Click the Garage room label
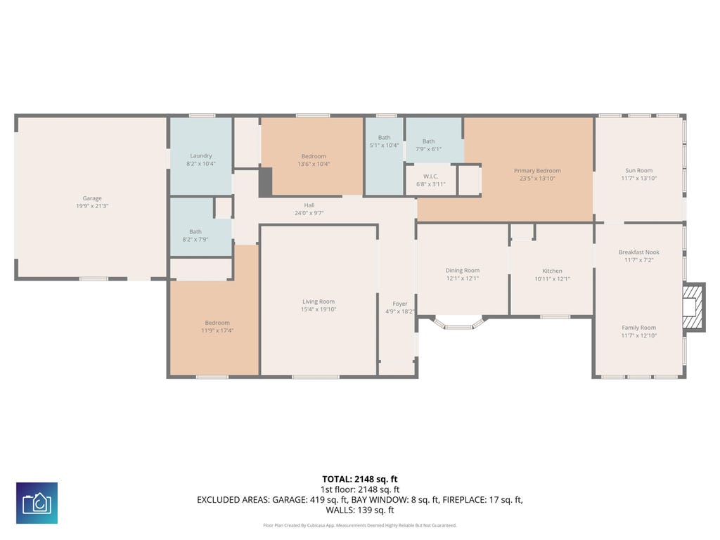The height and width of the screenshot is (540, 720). click(x=92, y=198)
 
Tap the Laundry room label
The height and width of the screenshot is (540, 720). click(x=201, y=155)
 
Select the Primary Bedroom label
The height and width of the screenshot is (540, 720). click(x=537, y=170)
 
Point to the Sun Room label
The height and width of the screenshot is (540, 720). click(x=638, y=170)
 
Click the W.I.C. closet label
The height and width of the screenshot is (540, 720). click(x=431, y=176)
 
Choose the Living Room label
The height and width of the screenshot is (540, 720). click(x=319, y=302)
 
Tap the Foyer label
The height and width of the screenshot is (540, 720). click(x=400, y=304)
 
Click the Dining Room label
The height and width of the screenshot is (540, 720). click(x=463, y=271)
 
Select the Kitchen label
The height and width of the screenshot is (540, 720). click(x=552, y=271)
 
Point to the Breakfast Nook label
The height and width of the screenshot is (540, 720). click(x=638, y=252)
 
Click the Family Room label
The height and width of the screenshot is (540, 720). click(x=638, y=328)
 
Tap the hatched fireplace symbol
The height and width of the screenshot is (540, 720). click(x=693, y=307)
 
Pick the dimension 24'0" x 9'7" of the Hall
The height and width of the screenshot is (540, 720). click(x=309, y=213)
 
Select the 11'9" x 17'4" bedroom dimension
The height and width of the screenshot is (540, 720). click(x=217, y=330)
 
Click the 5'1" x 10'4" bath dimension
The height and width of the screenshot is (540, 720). click(x=385, y=145)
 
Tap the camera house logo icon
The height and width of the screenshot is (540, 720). click(x=37, y=503)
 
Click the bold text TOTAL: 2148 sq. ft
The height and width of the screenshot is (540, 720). click(x=360, y=480)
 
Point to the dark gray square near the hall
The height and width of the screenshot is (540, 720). click(x=265, y=182)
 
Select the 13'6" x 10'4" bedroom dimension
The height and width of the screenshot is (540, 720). click(x=314, y=164)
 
